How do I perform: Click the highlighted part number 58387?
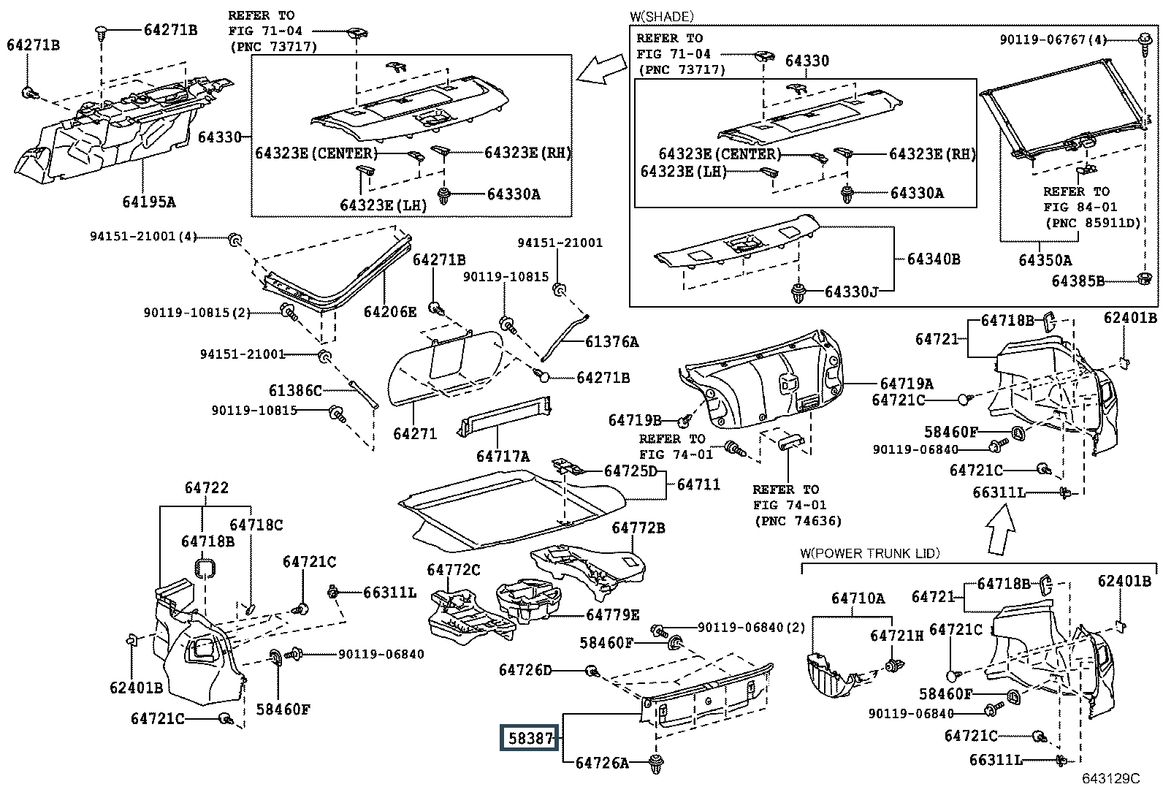[x=530, y=738]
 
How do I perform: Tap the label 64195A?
[x=149, y=201]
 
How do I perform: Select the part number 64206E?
[x=390, y=312]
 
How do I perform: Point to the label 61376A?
[x=612, y=341]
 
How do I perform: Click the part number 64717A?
[x=503, y=456]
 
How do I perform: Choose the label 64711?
[x=698, y=484]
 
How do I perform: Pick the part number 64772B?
[x=638, y=528]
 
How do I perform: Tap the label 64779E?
[x=613, y=614]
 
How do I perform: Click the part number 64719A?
[x=907, y=384]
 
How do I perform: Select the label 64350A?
[x=1045, y=259]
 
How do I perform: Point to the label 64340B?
[x=934, y=259]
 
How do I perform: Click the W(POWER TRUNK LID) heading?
[x=870, y=553]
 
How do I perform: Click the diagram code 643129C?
[x=1110, y=779]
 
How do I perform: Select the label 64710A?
[x=858, y=598]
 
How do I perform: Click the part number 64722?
[x=206, y=487]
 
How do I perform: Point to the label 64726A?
[x=602, y=763]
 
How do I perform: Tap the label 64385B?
[x=1078, y=281]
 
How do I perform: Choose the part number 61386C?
[x=295, y=391]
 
